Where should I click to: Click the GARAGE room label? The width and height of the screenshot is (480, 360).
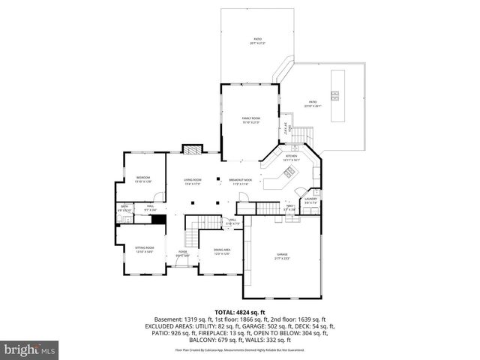point(282,256)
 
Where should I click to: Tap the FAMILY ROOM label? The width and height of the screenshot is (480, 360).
point(250,119)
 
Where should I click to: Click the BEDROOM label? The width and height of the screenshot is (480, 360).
point(142,178)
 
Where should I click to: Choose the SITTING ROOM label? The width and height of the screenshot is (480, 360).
point(144,248)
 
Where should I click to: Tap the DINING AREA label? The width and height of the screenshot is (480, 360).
point(221,250)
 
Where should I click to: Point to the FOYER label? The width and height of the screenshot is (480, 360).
point(182,253)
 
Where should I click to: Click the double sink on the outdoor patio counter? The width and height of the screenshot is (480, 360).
point(336,95)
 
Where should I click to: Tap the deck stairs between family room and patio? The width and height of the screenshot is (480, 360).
point(300,135)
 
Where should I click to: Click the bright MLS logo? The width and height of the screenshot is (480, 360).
point(30,349)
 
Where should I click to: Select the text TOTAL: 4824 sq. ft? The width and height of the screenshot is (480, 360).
point(240,312)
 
